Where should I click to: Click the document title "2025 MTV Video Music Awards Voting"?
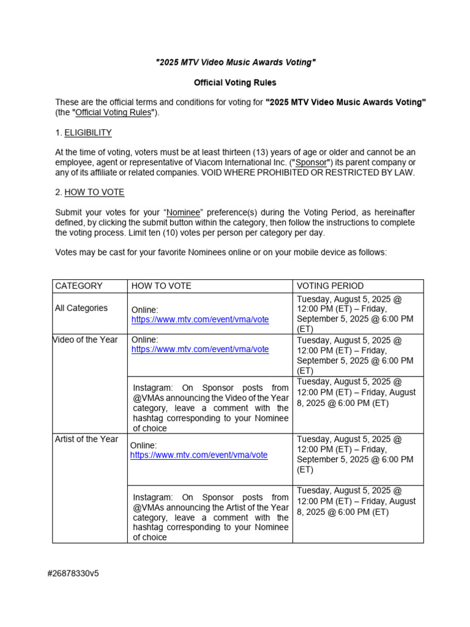[x=236, y=62]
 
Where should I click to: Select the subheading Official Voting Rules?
[x=235, y=83]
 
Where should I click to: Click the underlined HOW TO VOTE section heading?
[x=94, y=192]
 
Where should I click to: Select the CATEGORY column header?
[x=79, y=286]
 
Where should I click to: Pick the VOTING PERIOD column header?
[x=330, y=286]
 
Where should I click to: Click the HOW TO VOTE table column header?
[x=162, y=286]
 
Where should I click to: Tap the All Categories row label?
[x=81, y=308]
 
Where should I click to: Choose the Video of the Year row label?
[x=86, y=340]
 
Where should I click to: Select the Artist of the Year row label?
[x=86, y=440]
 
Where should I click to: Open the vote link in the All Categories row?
[x=200, y=320]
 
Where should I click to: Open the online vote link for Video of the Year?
[x=200, y=350]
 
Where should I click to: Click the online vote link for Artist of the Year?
[x=199, y=456]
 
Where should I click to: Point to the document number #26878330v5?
[x=73, y=574]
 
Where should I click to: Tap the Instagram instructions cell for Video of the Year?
[x=211, y=408]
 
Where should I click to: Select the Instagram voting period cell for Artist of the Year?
[x=357, y=501]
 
